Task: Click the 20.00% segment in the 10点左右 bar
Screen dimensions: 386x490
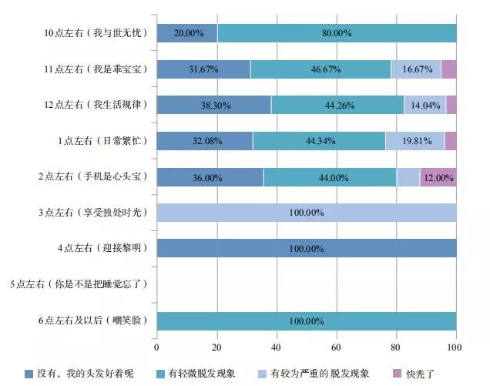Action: coord(186,33)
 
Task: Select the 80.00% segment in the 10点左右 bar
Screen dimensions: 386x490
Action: coord(337,33)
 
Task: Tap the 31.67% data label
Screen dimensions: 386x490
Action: coord(203,69)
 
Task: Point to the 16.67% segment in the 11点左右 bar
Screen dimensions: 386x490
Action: coord(415,69)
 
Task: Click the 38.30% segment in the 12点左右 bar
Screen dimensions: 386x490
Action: coord(213,105)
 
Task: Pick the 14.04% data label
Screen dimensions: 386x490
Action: coord(428,105)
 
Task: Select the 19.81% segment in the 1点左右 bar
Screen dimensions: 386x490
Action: coord(414,141)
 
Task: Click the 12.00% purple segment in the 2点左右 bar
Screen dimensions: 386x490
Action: coord(438,177)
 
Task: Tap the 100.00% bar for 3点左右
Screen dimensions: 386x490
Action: coord(306,213)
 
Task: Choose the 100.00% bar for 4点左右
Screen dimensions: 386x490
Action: coord(306,248)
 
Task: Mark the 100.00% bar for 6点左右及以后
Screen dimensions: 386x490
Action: coord(306,321)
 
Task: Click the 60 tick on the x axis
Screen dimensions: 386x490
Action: coord(337,347)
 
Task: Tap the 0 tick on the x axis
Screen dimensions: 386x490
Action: coord(157,347)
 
